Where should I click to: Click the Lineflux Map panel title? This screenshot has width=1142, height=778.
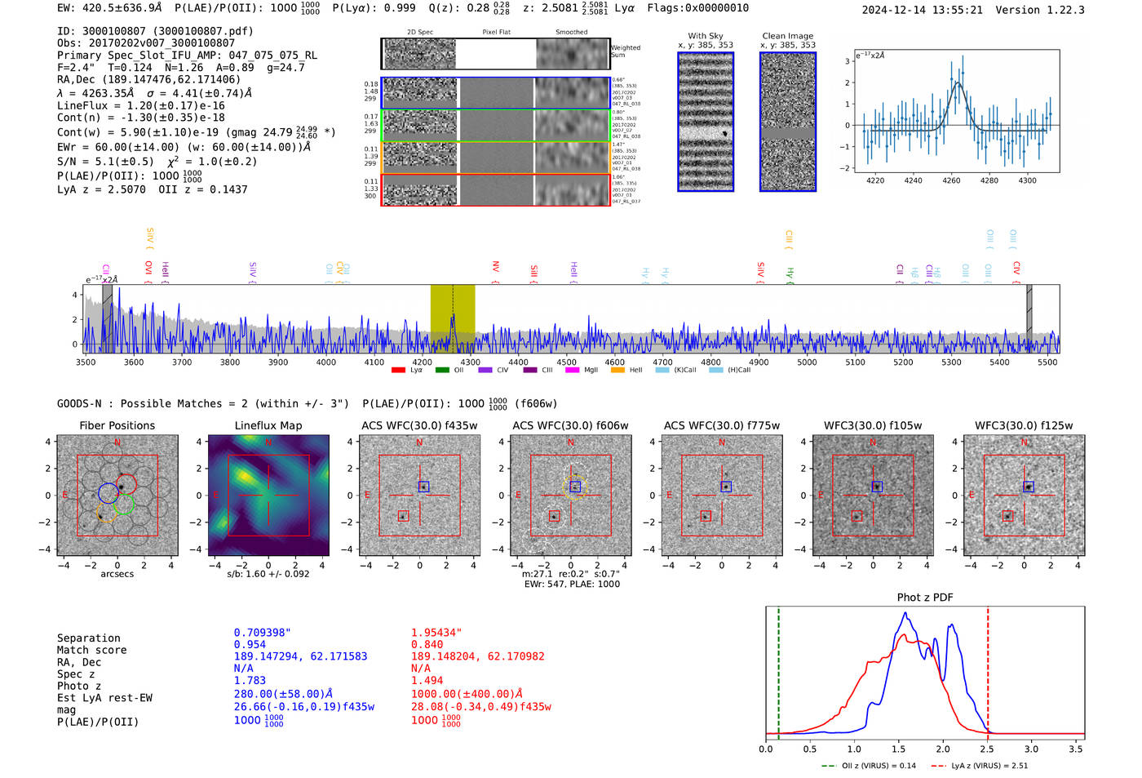pos(268,425)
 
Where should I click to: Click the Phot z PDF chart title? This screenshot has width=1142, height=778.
pos(925,598)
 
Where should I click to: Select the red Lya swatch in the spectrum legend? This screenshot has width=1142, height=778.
pos(398,371)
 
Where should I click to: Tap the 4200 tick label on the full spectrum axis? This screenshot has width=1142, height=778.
pos(422,362)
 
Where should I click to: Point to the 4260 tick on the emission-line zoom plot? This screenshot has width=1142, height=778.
pos(951,180)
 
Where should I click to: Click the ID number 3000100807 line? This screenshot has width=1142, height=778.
pos(155,31)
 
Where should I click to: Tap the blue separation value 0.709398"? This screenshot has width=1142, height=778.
pos(262,633)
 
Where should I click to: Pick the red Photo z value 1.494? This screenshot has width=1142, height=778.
pos(427,680)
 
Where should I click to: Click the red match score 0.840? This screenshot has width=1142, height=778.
pos(427,644)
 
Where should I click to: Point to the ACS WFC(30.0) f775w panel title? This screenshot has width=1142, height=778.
pos(721,425)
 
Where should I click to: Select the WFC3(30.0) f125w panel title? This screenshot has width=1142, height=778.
pos(1024,425)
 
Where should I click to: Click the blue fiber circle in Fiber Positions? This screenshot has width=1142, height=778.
pos(108,492)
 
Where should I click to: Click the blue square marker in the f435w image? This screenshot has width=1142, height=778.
pos(423,487)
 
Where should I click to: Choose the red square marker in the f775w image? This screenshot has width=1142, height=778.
pos(706,516)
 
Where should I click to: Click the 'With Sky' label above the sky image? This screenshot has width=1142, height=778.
pos(705,36)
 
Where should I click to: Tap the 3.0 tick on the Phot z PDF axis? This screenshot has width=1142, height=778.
pos(1031,749)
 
